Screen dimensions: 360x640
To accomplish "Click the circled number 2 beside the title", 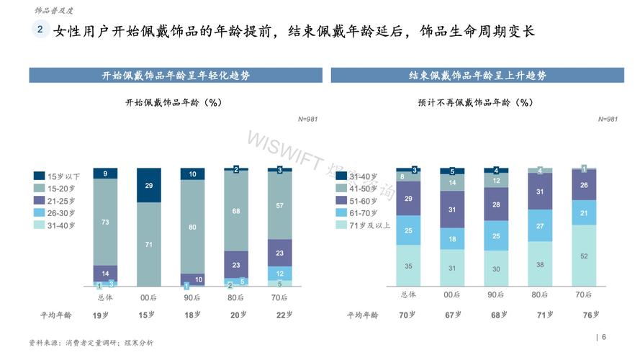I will coord(40,30).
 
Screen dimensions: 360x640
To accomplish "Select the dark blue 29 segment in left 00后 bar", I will coord(148,185).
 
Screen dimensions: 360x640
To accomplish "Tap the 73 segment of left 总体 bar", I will coord(105,222).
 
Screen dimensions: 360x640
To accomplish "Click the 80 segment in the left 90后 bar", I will coord(192,226).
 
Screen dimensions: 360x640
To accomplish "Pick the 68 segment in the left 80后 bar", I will coord(235,211).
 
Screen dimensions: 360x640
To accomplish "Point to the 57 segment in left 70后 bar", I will coord(279,206).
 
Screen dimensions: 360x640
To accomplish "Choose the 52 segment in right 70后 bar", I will coord(584,256).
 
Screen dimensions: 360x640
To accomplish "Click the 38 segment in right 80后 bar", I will coord(540,264).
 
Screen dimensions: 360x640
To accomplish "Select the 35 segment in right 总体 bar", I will coord(409,266).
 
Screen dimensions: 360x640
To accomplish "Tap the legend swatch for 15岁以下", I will coord(40,176).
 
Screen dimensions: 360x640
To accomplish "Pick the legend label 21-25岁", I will coord(64,200).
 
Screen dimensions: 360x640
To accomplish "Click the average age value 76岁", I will coord(588,315).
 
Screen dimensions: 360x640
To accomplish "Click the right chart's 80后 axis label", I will coord(540,294).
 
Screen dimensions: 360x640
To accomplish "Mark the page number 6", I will coord(604,337).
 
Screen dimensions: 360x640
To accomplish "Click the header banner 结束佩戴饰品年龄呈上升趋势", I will coord(477,76).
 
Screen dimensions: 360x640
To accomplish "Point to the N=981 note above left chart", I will coord(307,118).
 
